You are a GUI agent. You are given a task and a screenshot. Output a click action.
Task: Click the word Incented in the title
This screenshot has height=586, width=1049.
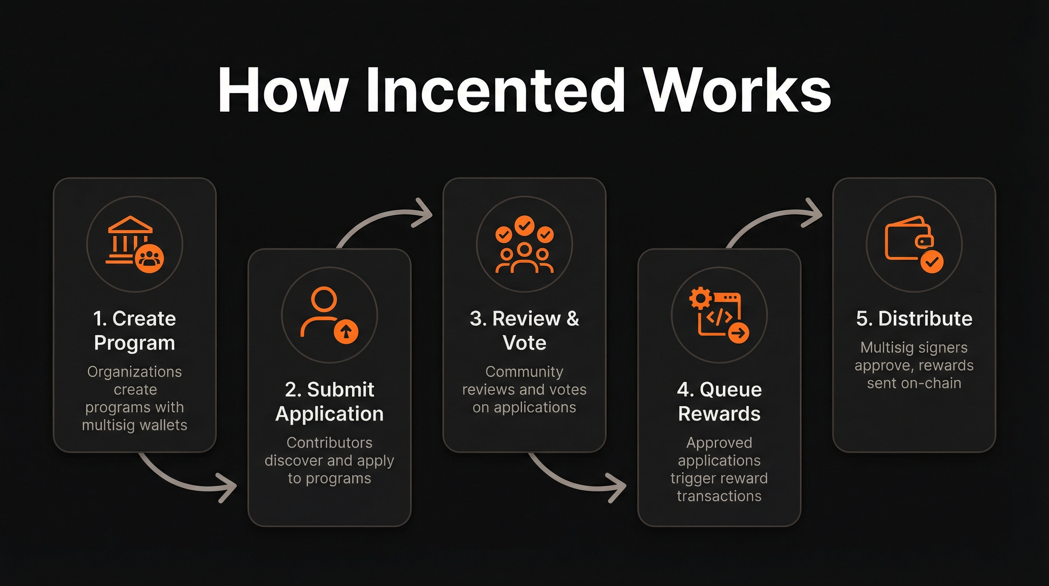(494, 90)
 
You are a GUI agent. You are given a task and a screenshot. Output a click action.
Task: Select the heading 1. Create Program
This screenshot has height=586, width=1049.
(135, 330)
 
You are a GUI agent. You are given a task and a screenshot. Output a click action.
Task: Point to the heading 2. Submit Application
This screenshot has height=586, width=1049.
(329, 401)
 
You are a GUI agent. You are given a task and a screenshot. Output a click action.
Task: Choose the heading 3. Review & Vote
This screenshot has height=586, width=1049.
(524, 330)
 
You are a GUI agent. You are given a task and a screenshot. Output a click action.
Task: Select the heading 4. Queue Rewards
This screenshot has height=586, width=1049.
(719, 401)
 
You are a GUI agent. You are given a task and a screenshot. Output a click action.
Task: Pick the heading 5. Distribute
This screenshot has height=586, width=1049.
(914, 318)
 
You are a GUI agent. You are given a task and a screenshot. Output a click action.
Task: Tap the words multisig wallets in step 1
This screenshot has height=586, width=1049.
(135, 425)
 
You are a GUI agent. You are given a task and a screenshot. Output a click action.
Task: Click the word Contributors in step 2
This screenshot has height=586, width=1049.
(329, 443)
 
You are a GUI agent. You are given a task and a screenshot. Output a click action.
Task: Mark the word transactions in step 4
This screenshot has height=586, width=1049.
(719, 496)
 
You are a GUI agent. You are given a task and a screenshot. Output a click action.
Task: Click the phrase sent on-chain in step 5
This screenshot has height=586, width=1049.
(914, 383)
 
